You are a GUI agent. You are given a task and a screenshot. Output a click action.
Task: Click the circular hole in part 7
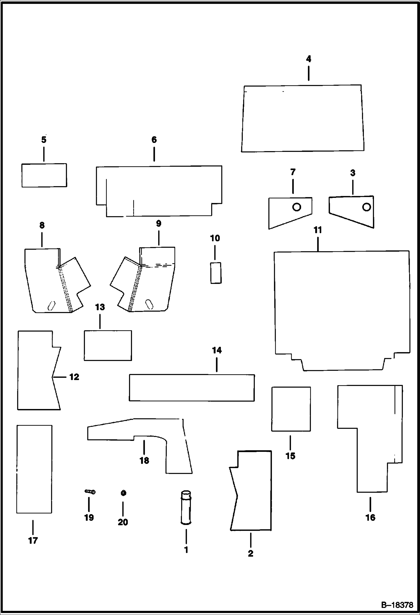pos(297,207)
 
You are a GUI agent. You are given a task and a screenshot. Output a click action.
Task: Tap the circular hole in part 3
pos(366,207)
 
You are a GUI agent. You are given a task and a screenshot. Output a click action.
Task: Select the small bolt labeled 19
pos(90,492)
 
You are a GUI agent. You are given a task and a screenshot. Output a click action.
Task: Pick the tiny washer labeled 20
pos(123,493)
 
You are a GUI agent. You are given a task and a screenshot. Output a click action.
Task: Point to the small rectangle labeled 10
pos(216,273)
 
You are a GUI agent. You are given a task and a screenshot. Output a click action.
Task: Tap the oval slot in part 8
pos(52,306)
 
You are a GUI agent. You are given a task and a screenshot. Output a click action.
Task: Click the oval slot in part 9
pos(149,304)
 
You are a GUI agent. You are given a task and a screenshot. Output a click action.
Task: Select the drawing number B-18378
pos(397,605)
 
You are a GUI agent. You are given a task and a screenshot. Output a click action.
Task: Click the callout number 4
pos(308,59)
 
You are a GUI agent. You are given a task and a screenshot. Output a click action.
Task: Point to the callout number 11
pos(318,230)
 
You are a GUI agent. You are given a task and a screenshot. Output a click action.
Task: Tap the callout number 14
pos(217,350)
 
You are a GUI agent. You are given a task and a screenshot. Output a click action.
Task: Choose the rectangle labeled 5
pos(44,175)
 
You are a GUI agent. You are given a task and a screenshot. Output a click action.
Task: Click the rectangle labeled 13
pos(108,345)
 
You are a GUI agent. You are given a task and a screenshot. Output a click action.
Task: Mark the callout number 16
pos(370,517)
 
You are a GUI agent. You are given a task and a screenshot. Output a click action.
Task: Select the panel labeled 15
pos(291,409)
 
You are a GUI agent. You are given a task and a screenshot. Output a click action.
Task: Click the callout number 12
pos(74,377)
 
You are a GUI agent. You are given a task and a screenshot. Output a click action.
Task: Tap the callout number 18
pos(144,460)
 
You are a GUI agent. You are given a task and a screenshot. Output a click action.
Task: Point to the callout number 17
pos(33,540)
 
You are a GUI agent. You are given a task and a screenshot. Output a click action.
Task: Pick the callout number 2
pos(251,553)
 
